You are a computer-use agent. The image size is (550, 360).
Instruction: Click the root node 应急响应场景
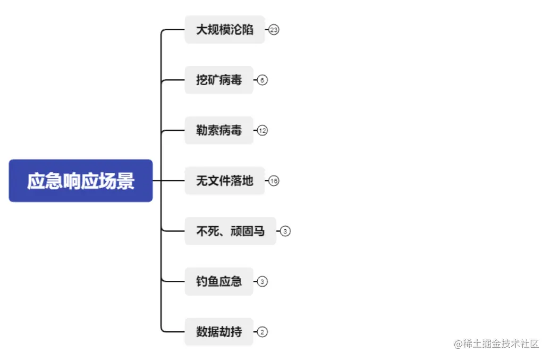pos(81,181)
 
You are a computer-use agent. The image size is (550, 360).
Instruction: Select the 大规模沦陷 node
pos(224,30)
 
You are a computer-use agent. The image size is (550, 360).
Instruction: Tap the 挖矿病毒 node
pos(219,80)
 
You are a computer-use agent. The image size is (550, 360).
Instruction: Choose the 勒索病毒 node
pos(219,130)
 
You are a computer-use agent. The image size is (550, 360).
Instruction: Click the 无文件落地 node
pos(224,181)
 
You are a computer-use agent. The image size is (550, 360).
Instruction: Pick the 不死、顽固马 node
pos(230,231)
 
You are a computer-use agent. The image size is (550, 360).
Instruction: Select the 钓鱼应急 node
pos(219,281)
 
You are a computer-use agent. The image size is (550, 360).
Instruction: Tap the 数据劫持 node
pos(219,332)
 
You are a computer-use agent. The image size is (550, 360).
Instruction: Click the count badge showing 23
pos(274,30)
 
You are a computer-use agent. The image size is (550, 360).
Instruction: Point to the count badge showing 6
pos(262,80)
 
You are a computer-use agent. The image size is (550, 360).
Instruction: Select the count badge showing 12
pos(263,130)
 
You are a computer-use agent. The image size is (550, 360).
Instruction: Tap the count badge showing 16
pos(274,181)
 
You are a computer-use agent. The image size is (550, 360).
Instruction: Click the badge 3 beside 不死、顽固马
pos(285,231)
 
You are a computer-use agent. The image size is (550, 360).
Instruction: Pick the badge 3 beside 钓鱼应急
pos(263,281)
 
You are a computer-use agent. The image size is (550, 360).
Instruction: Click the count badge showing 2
pos(263,332)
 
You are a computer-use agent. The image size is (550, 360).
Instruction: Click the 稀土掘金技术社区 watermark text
pos(497,344)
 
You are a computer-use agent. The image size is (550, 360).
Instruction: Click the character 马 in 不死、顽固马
pos(259,231)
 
